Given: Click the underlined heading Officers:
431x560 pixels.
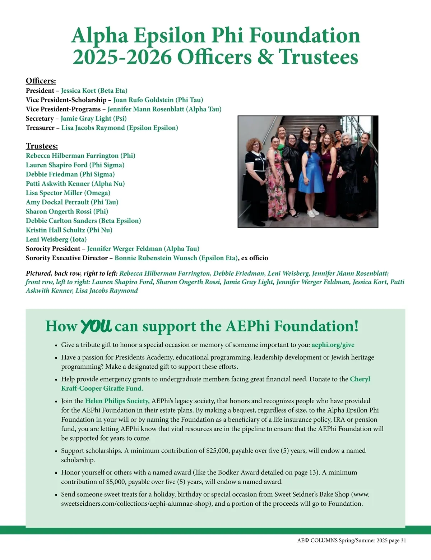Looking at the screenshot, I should pyautogui.click(x=41, y=81).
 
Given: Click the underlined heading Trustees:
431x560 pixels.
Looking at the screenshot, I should pyautogui.click(x=42, y=146).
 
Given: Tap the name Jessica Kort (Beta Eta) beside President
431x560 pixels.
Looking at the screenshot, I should pyautogui.click(x=94, y=91).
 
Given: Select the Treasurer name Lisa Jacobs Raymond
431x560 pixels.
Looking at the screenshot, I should pyautogui.click(x=120, y=128).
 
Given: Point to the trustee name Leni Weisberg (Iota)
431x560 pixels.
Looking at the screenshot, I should pyautogui.click(x=56, y=239).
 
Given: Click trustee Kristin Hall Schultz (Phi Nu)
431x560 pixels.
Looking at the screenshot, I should pyautogui.click(x=69, y=230).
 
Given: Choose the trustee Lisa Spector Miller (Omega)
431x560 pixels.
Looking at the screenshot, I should pyautogui.click(x=68, y=193).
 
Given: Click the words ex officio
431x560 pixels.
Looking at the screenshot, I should pyautogui.click(x=255, y=258).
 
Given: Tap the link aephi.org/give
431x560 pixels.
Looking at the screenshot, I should pyautogui.click(x=333, y=345).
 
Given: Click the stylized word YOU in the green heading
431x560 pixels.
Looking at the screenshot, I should pyautogui.click(x=96, y=326).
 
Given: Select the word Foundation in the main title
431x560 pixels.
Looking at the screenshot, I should pyautogui.click(x=305, y=35).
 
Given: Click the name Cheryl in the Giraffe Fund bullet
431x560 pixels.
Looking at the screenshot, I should pyautogui.click(x=360, y=379).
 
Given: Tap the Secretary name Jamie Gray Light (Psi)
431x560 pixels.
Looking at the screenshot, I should pyautogui.click(x=93, y=118).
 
